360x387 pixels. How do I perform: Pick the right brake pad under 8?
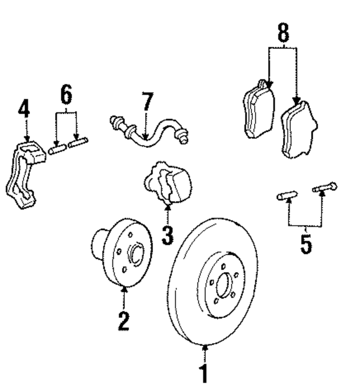pyautogui.click(x=299, y=130)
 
